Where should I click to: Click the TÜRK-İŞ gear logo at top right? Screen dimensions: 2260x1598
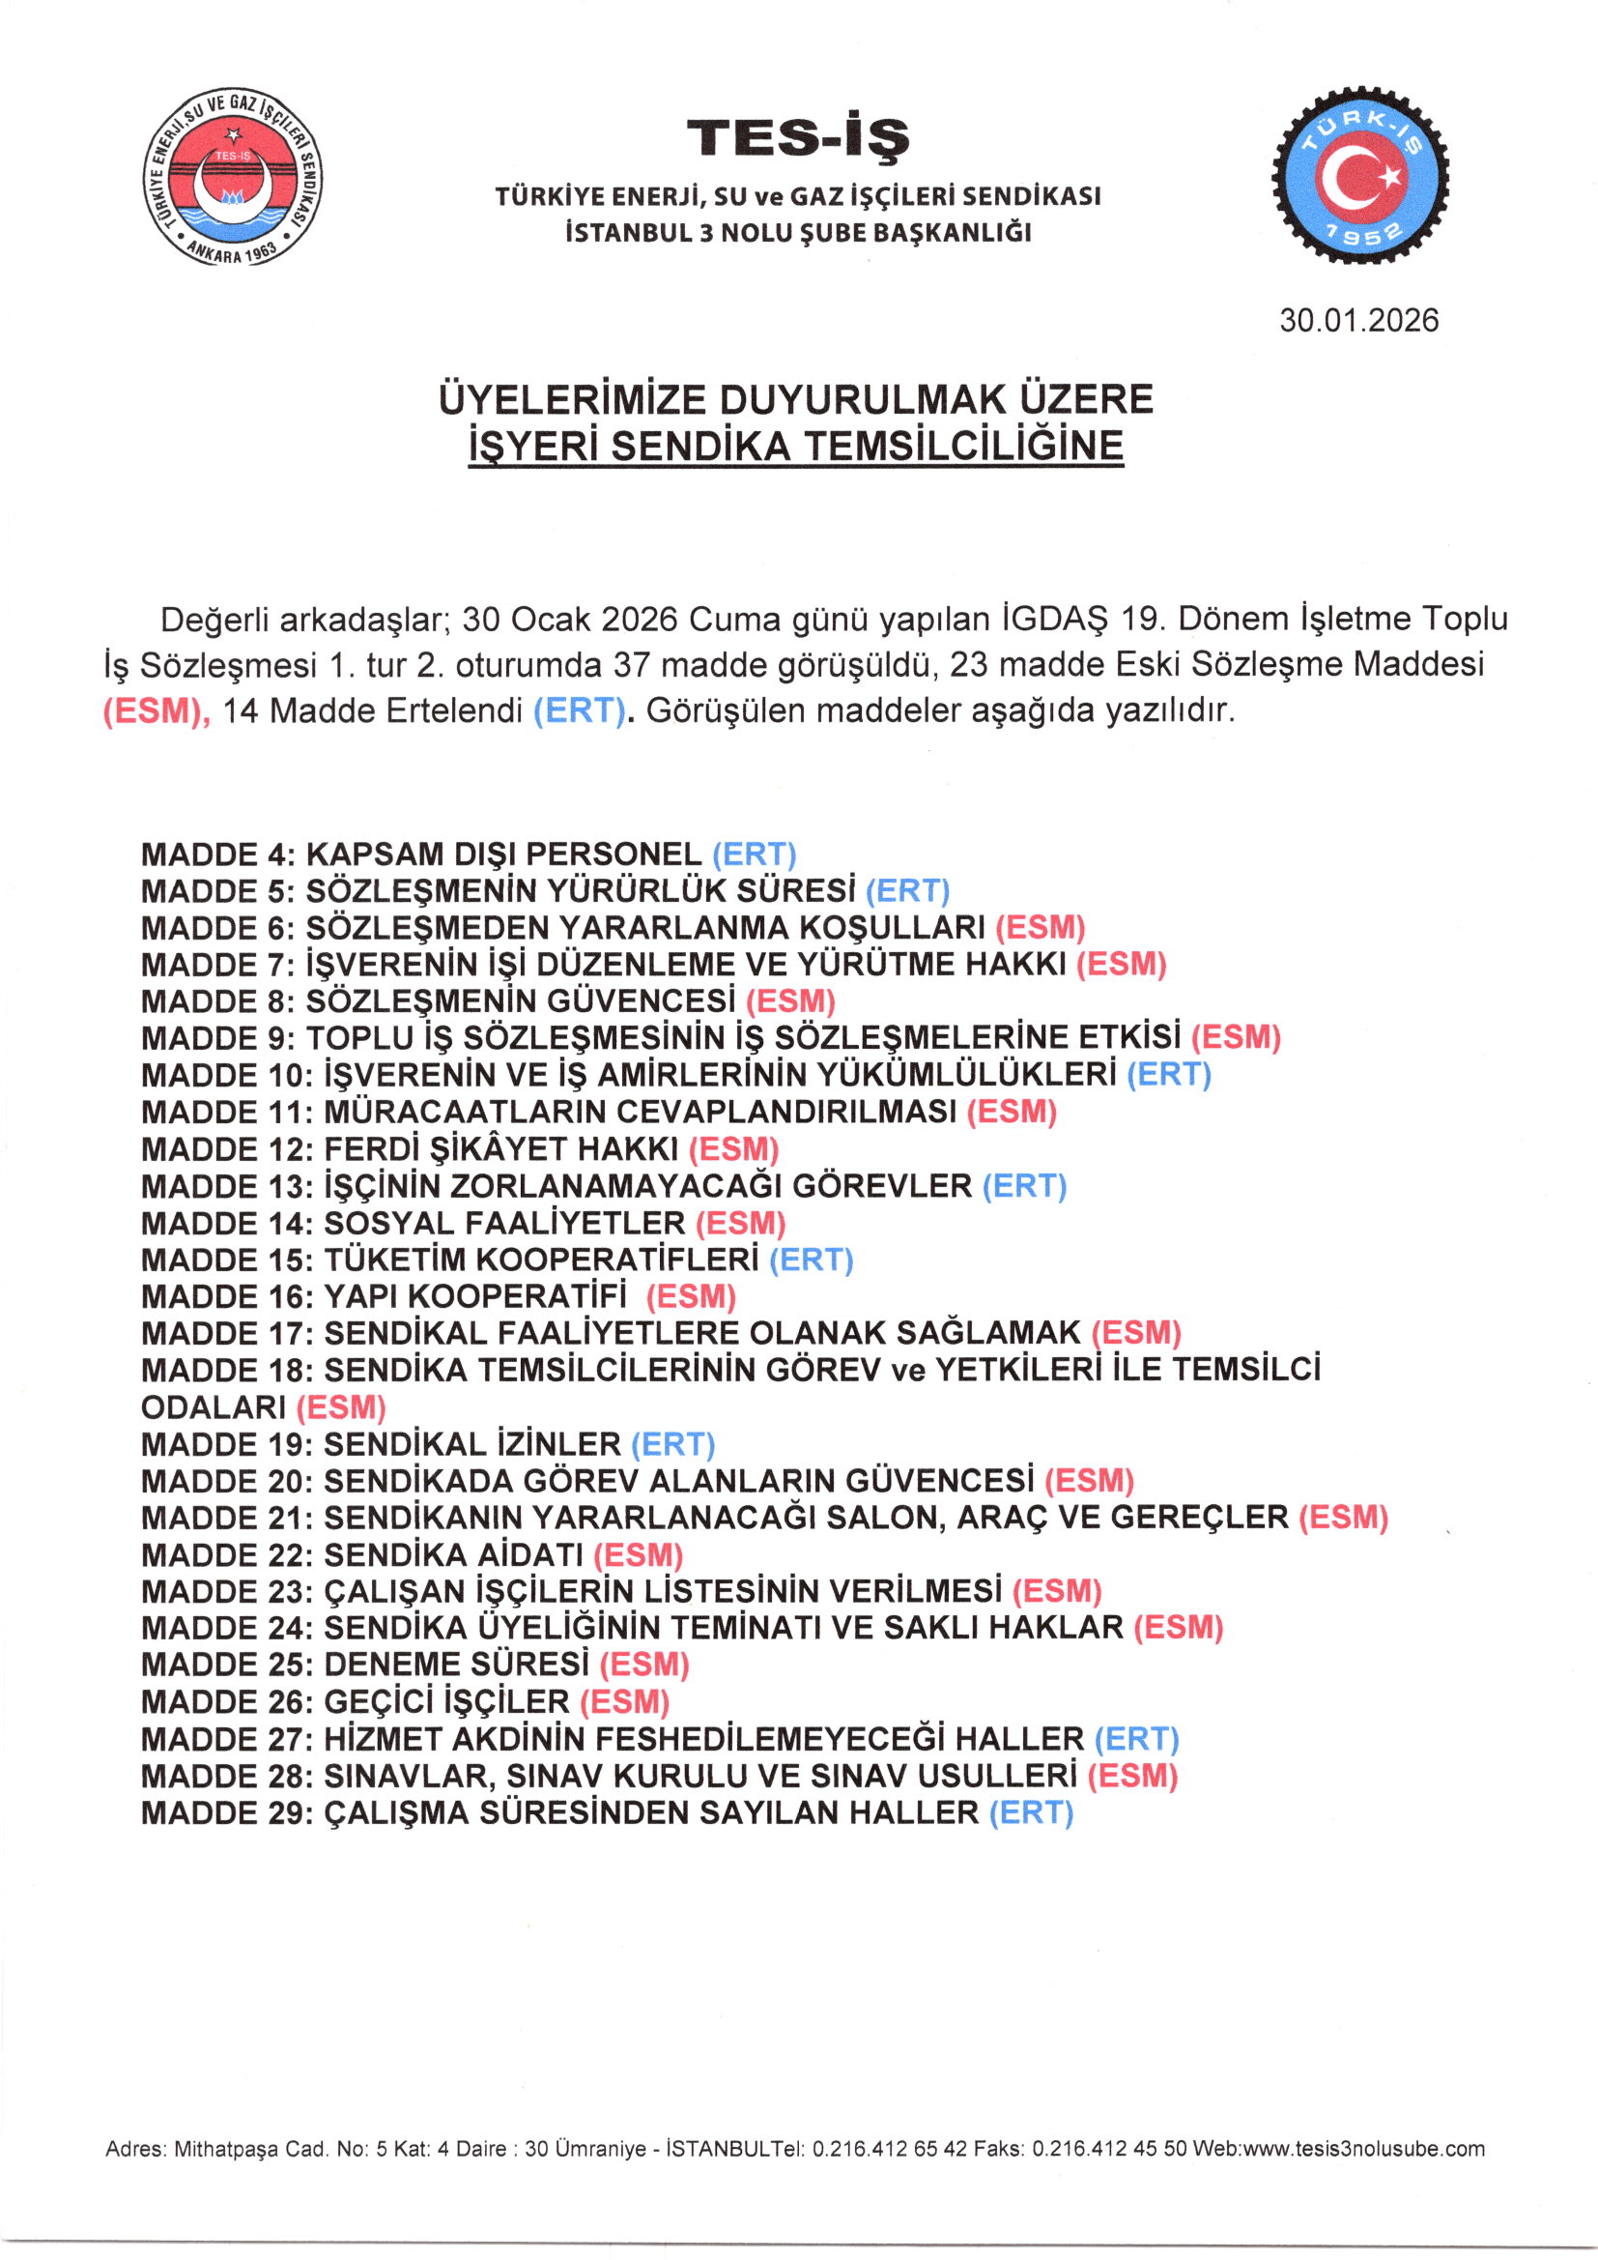tap(1360, 176)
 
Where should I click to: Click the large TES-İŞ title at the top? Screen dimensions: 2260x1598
tap(798, 139)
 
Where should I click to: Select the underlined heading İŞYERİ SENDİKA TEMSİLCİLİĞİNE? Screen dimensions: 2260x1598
tap(795, 447)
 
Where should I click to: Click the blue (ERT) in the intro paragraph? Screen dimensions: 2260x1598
tap(580, 711)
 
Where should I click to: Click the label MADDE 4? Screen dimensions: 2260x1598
tap(217, 855)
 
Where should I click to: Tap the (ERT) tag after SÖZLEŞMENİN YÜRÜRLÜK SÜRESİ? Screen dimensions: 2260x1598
tap(907, 891)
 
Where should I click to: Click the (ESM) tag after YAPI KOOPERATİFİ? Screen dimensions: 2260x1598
tap(691, 1296)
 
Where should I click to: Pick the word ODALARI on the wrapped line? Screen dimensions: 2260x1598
tap(214, 1407)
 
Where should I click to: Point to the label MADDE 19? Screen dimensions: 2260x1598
tap(226, 1444)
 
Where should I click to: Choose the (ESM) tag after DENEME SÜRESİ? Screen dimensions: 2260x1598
tap(644, 1665)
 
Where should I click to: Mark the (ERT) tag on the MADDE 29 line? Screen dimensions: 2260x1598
tap(1031, 1813)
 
